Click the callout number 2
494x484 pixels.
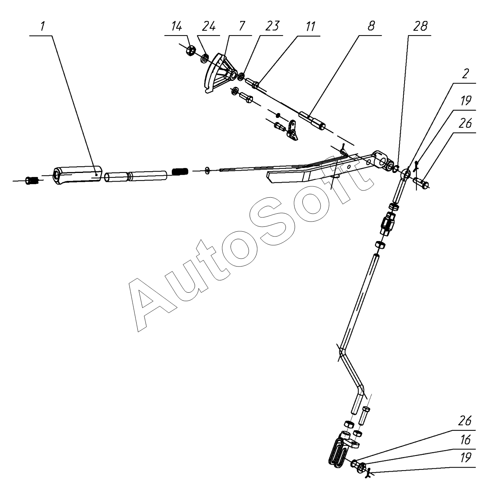[x=465, y=74]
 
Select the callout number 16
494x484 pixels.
[x=465, y=441]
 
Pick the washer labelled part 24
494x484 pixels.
[x=205, y=58]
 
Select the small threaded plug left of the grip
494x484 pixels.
[x=31, y=181]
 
